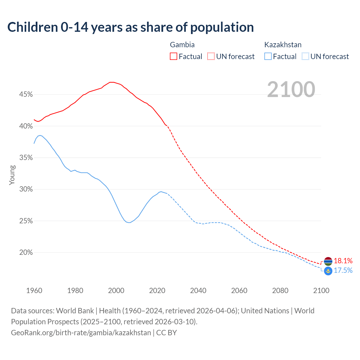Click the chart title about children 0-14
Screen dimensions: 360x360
click(130, 27)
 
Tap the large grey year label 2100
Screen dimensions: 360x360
click(291, 89)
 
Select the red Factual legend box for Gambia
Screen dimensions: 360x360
click(174, 56)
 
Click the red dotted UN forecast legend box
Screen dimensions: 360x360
click(211, 56)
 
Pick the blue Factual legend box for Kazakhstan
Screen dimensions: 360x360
click(268, 56)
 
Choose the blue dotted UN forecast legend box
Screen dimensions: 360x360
click(305, 56)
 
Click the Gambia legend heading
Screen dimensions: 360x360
click(182, 45)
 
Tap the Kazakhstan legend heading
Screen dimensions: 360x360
click(283, 45)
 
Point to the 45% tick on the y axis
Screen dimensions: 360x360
click(26, 94)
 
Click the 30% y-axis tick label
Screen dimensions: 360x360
click(26, 189)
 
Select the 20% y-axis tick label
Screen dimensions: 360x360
click(26, 253)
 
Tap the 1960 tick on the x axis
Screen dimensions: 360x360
click(34, 291)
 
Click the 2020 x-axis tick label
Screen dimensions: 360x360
click(157, 291)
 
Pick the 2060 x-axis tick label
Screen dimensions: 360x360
click(239, 291)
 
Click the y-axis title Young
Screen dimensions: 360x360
click(12, 175)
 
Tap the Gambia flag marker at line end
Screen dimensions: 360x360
click(328, 261)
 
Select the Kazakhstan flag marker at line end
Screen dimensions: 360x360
click(328, 271)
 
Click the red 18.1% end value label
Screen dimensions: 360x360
click(343, 261)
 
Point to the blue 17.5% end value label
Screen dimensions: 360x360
click(343, 271)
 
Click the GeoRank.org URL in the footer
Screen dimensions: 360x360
click(81, 333)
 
